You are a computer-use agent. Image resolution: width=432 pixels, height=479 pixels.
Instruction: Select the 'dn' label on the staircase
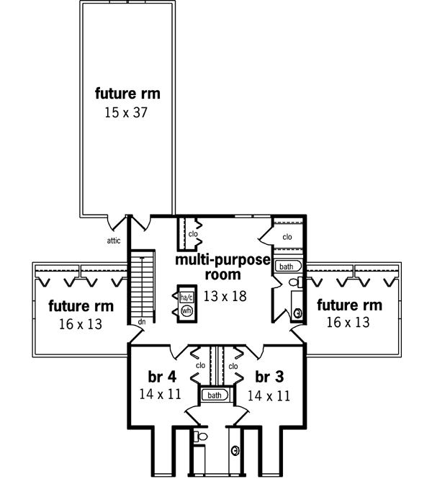coord(142,321)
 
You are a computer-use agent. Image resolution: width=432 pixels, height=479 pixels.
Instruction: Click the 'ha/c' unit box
coord(186,297)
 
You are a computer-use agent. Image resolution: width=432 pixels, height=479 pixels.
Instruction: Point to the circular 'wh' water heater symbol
coord(186,311)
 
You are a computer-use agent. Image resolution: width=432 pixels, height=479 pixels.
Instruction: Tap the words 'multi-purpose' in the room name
coord(221,259)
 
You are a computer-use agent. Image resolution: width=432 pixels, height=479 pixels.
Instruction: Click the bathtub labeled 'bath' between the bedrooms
coord(214,395)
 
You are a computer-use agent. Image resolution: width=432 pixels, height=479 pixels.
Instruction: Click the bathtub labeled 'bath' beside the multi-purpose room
coord(287,266)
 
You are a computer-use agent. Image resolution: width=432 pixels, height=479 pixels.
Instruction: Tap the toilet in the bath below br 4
coord(201,437)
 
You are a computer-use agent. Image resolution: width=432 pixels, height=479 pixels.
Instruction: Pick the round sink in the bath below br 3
coord(235,451)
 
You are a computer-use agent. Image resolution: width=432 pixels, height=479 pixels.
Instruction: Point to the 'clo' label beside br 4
coord(201,365)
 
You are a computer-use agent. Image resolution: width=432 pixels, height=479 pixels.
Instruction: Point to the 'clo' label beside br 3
coord(233,365)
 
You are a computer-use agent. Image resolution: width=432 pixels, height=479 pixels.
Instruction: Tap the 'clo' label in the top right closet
coord(287,236)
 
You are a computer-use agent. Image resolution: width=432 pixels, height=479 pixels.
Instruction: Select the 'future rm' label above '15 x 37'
coord(127,94)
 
